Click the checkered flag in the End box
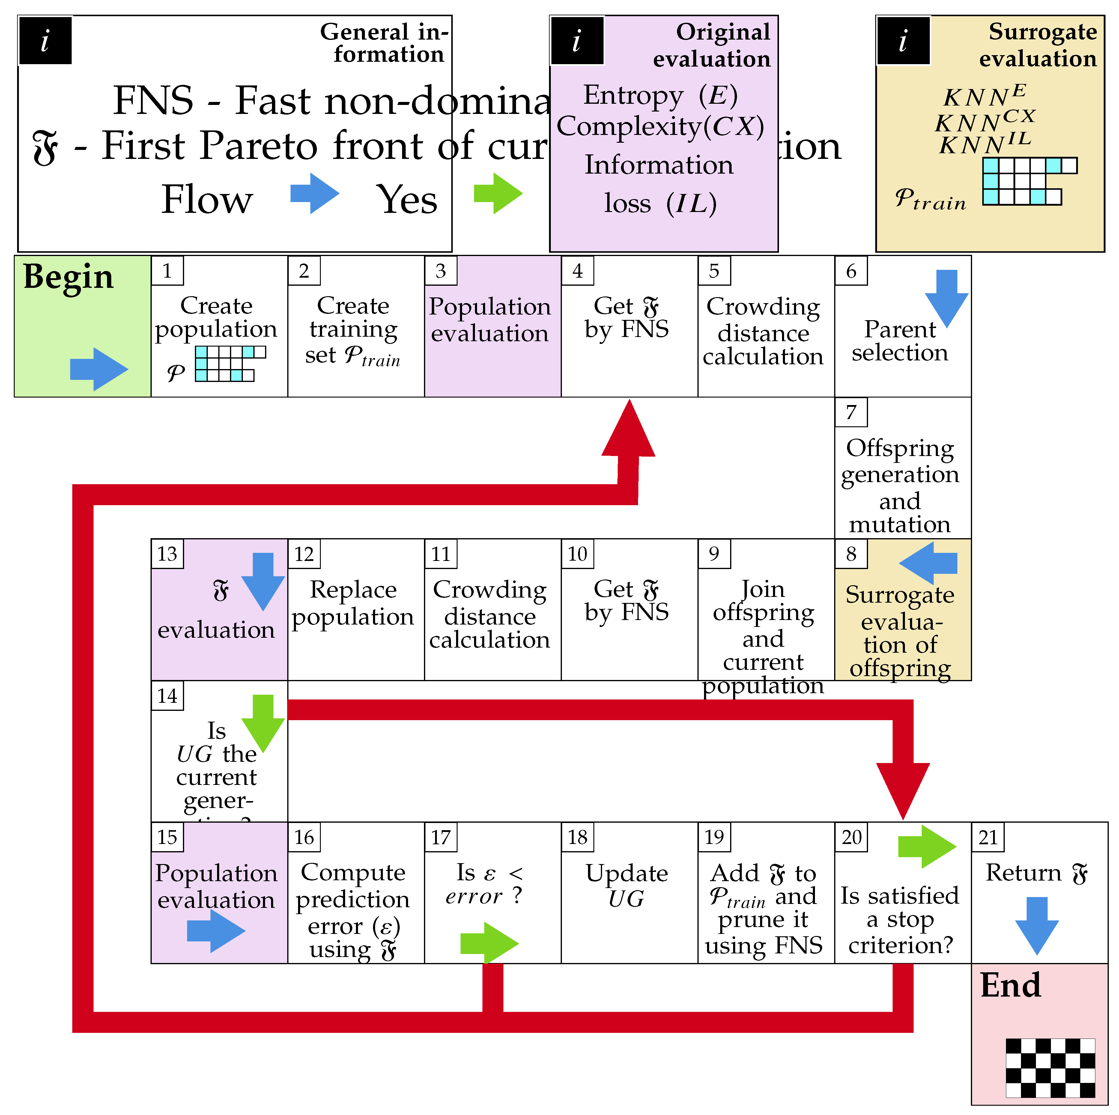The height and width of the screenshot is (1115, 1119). (x=1050, y=1068)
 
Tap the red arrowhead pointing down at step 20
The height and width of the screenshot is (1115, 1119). (x=903, y=788)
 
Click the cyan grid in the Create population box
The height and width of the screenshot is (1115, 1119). (x=230, y=363)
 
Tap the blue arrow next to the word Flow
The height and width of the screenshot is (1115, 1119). (x=315, y=193)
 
